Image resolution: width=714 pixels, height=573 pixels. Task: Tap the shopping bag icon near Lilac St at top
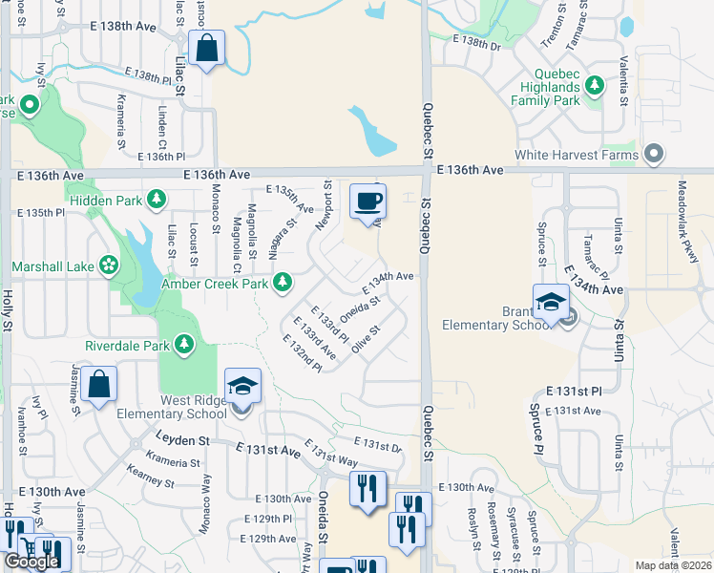(206, 48)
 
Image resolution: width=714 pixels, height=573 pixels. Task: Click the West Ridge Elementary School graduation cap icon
(242, 386)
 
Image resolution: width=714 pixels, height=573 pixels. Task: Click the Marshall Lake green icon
(109, 265)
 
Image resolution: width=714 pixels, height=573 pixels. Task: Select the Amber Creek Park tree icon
(282, 282)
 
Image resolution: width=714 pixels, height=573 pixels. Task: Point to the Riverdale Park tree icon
(183, 345)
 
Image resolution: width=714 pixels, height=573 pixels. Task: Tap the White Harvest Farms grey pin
(654, 154)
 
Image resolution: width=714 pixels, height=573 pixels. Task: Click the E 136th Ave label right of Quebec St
(470, 169)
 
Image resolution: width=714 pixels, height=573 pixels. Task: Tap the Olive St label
(367, 341)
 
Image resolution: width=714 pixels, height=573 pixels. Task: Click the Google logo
(31, 562)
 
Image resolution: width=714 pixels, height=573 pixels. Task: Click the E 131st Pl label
(575, 392)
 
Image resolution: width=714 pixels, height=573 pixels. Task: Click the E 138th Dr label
(476, 42)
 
